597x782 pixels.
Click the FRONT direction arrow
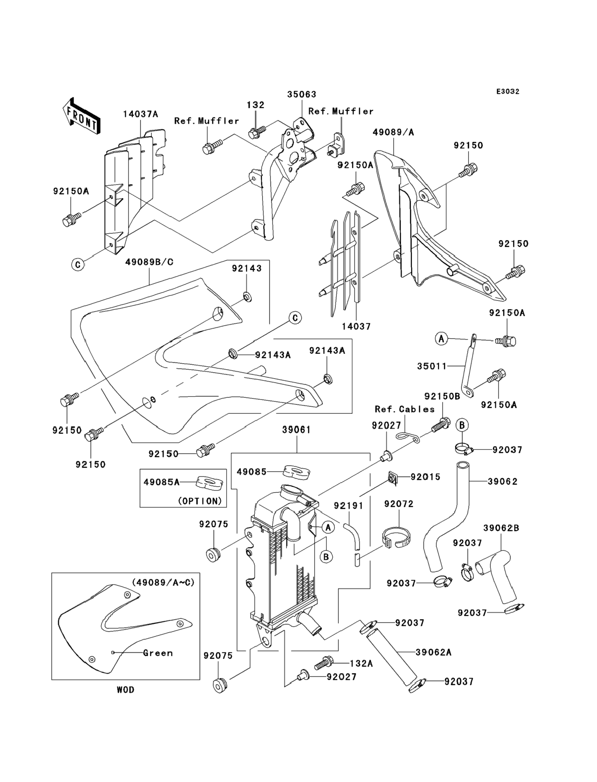[81, 116]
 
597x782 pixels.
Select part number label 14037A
[140, 114]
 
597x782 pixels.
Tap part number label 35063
[302, 94]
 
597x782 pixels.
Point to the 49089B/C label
[149, 262]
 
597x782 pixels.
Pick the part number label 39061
[297, 430]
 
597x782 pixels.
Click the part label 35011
[432, 366]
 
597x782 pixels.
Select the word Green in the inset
[158, 653]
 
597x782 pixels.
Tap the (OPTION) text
[200, 501]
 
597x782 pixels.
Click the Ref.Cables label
[405, 409]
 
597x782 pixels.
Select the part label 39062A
[434, 652]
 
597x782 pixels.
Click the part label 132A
[361, 663]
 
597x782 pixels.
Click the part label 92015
[425, 477]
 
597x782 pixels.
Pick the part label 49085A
[161, 482]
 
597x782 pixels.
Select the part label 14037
[356, 326]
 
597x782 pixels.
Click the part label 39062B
[501, 528]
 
